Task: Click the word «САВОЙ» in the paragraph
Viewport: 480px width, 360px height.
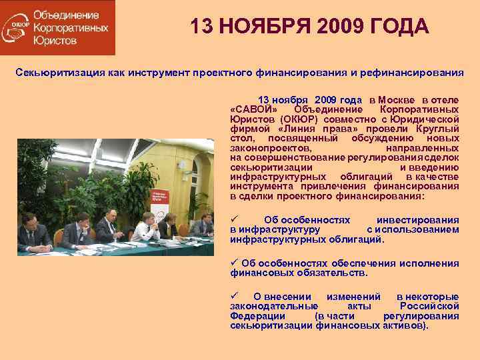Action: pyautogui.click(x=249, y=109)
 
